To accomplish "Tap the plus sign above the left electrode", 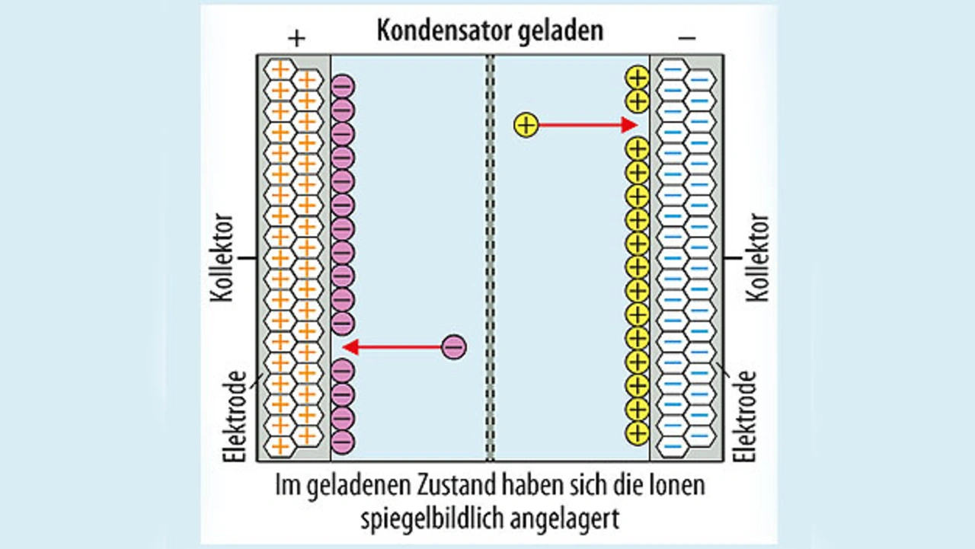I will pyautogui.click(x=297, y=38).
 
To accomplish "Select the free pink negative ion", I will pyautogui.click(x=453, y=347).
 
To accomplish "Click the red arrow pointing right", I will pyautogui.click(x=587, y=124).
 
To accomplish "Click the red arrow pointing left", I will pyautogui.click(x=392, y=347).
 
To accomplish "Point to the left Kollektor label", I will pyautogui.click(x=220, y=258).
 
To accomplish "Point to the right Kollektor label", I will pyautogui.click(x=759, y=258).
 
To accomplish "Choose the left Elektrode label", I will pyautogui.click(x=237, y=416).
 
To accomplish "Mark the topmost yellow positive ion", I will pyautogui.click(x=637, y=78).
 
